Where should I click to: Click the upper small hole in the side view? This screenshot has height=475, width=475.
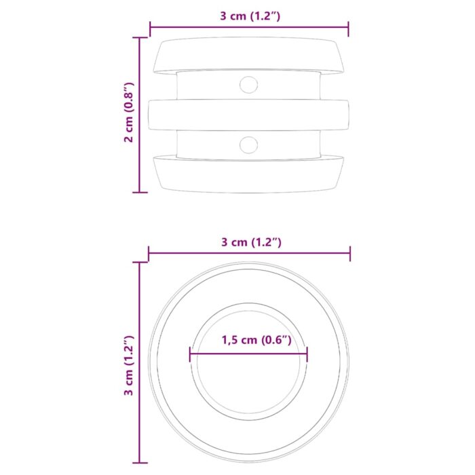(x=249, y=85)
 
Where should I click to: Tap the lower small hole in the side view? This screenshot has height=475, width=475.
(x=249, y=144)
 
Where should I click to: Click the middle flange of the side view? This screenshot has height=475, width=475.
(x=248, y=115)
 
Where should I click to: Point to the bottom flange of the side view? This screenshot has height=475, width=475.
(x=248, y=175)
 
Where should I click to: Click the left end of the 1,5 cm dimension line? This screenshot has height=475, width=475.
(x=191, y=354)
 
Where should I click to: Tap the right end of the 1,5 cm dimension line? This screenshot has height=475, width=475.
(x=307, y=354)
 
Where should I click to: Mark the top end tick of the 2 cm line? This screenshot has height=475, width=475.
(x=140, y=38)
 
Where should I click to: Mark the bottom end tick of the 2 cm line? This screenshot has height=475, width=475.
(x=140, y=192)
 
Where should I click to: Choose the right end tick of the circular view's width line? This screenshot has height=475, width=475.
(x=350, y=254)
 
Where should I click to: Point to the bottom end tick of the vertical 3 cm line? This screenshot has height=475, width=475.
(x=140, y=463)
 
